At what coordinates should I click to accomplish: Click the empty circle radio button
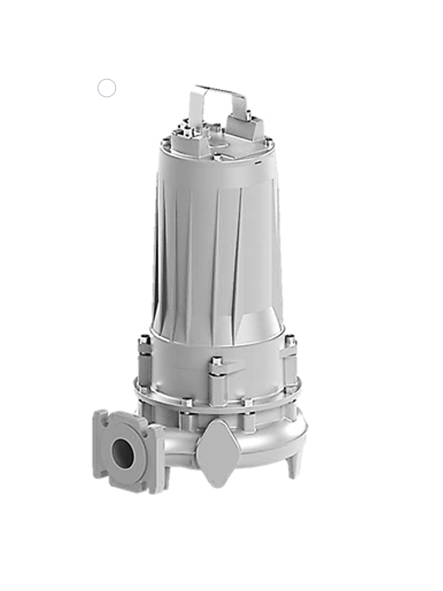(107, 88)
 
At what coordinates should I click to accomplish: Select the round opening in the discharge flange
(121, 451)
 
